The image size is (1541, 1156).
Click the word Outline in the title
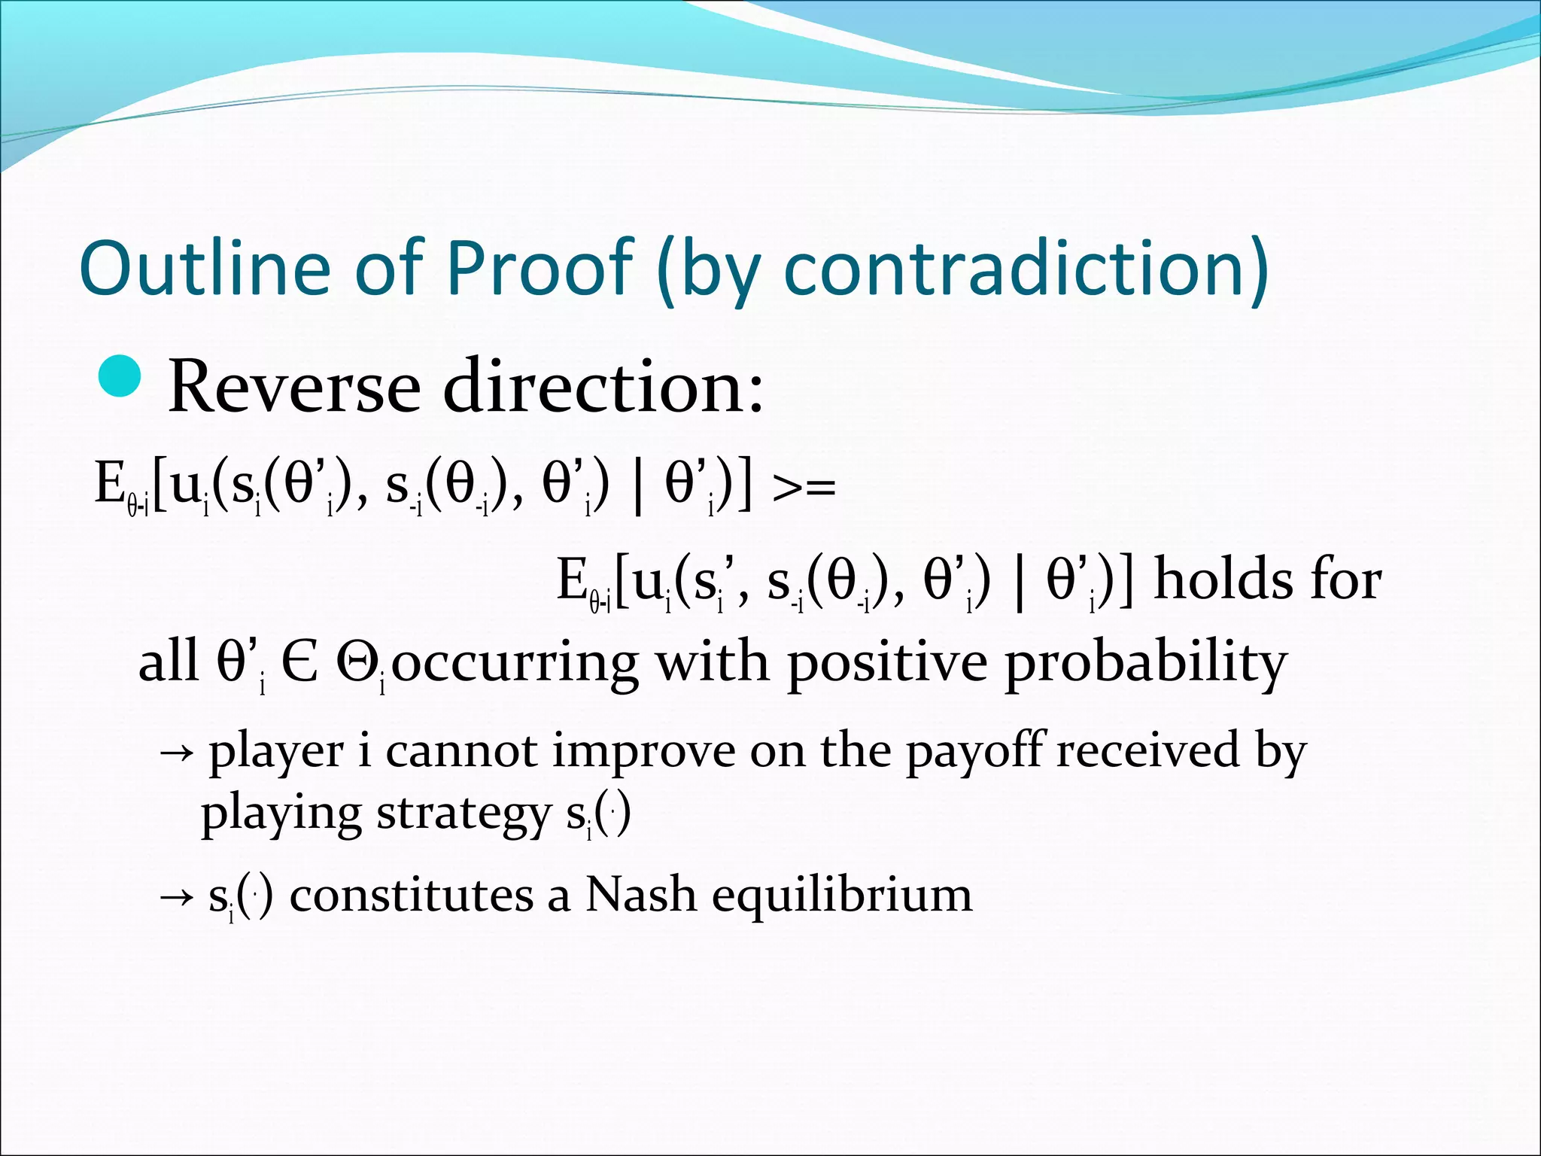click(205, 267)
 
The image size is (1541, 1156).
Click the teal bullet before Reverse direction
click(120, 376)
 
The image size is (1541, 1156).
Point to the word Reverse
click(293, 388)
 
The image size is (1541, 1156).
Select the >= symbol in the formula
click(804, 488)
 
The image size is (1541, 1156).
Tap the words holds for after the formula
click(1267, 580)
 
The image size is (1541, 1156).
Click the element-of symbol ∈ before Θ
click(299, 663)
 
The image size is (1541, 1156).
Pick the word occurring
click(515, 663)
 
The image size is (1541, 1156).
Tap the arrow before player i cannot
click(178, 752)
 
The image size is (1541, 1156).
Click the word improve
click(643, 752)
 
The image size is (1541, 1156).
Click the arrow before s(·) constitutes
click(178, 897)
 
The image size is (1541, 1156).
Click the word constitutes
click(412, 896)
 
